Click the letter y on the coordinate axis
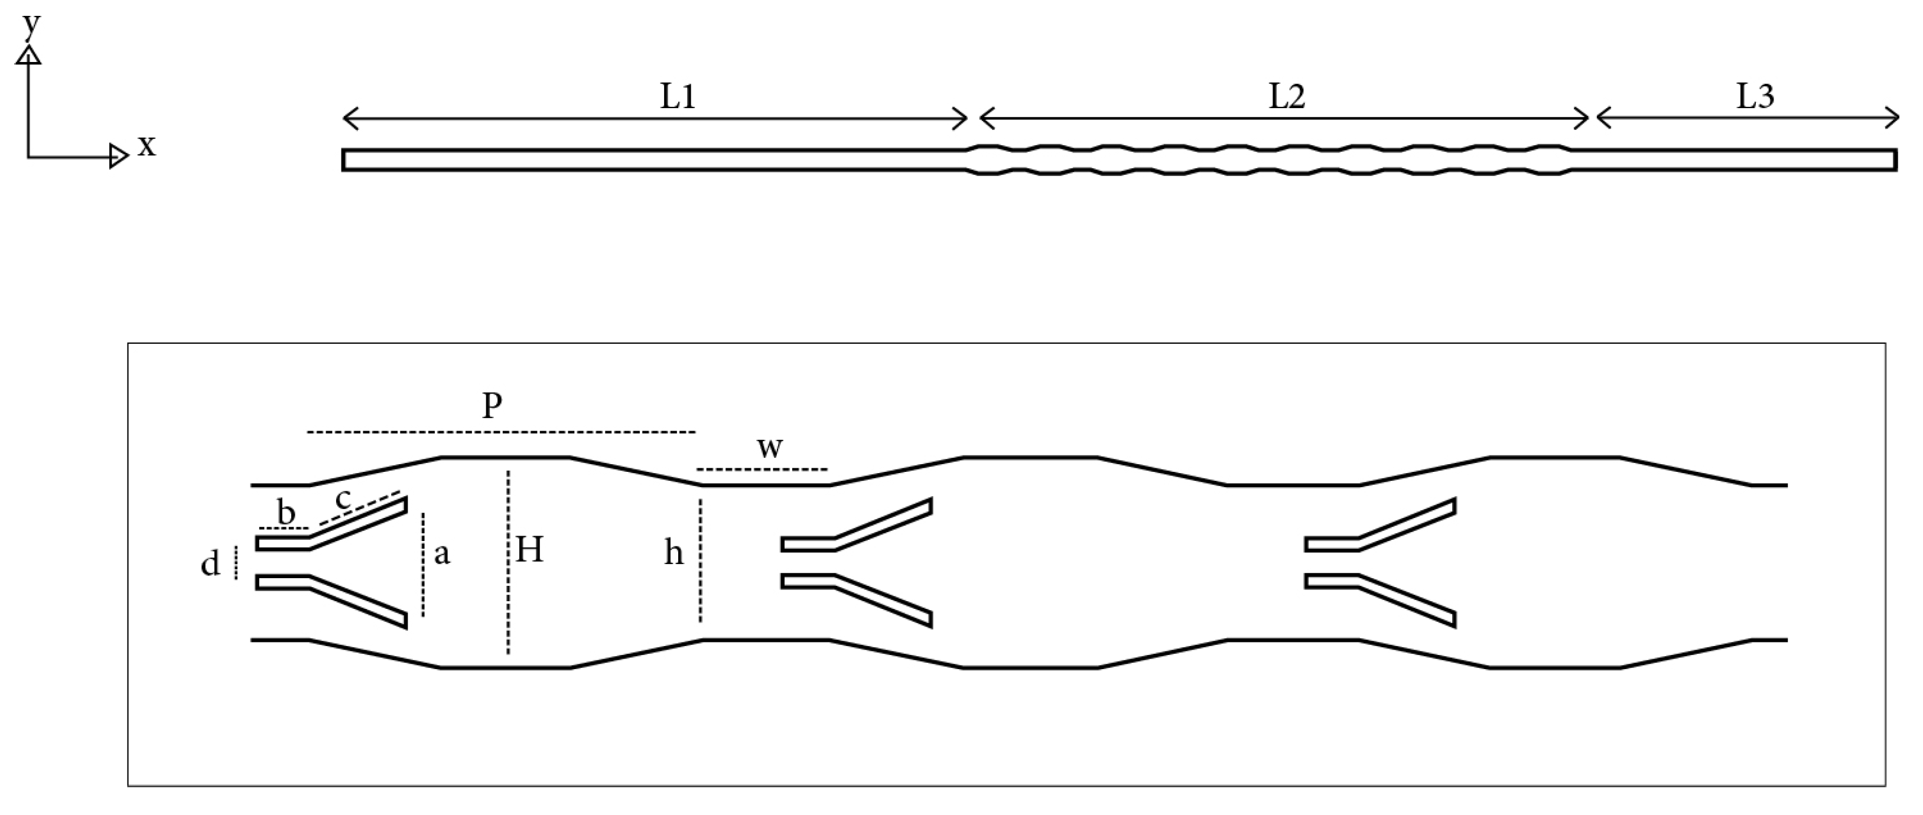tap(31, 25)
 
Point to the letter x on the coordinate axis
tap(147, 146)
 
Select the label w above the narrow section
tap(770, 448)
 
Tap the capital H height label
tap(529, 551)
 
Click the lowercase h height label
tap(673, 555)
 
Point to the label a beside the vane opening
tap(442, 555)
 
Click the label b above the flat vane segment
tap(286, 513)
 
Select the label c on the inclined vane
tap(343, 498)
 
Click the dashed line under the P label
tap(500, 432)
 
